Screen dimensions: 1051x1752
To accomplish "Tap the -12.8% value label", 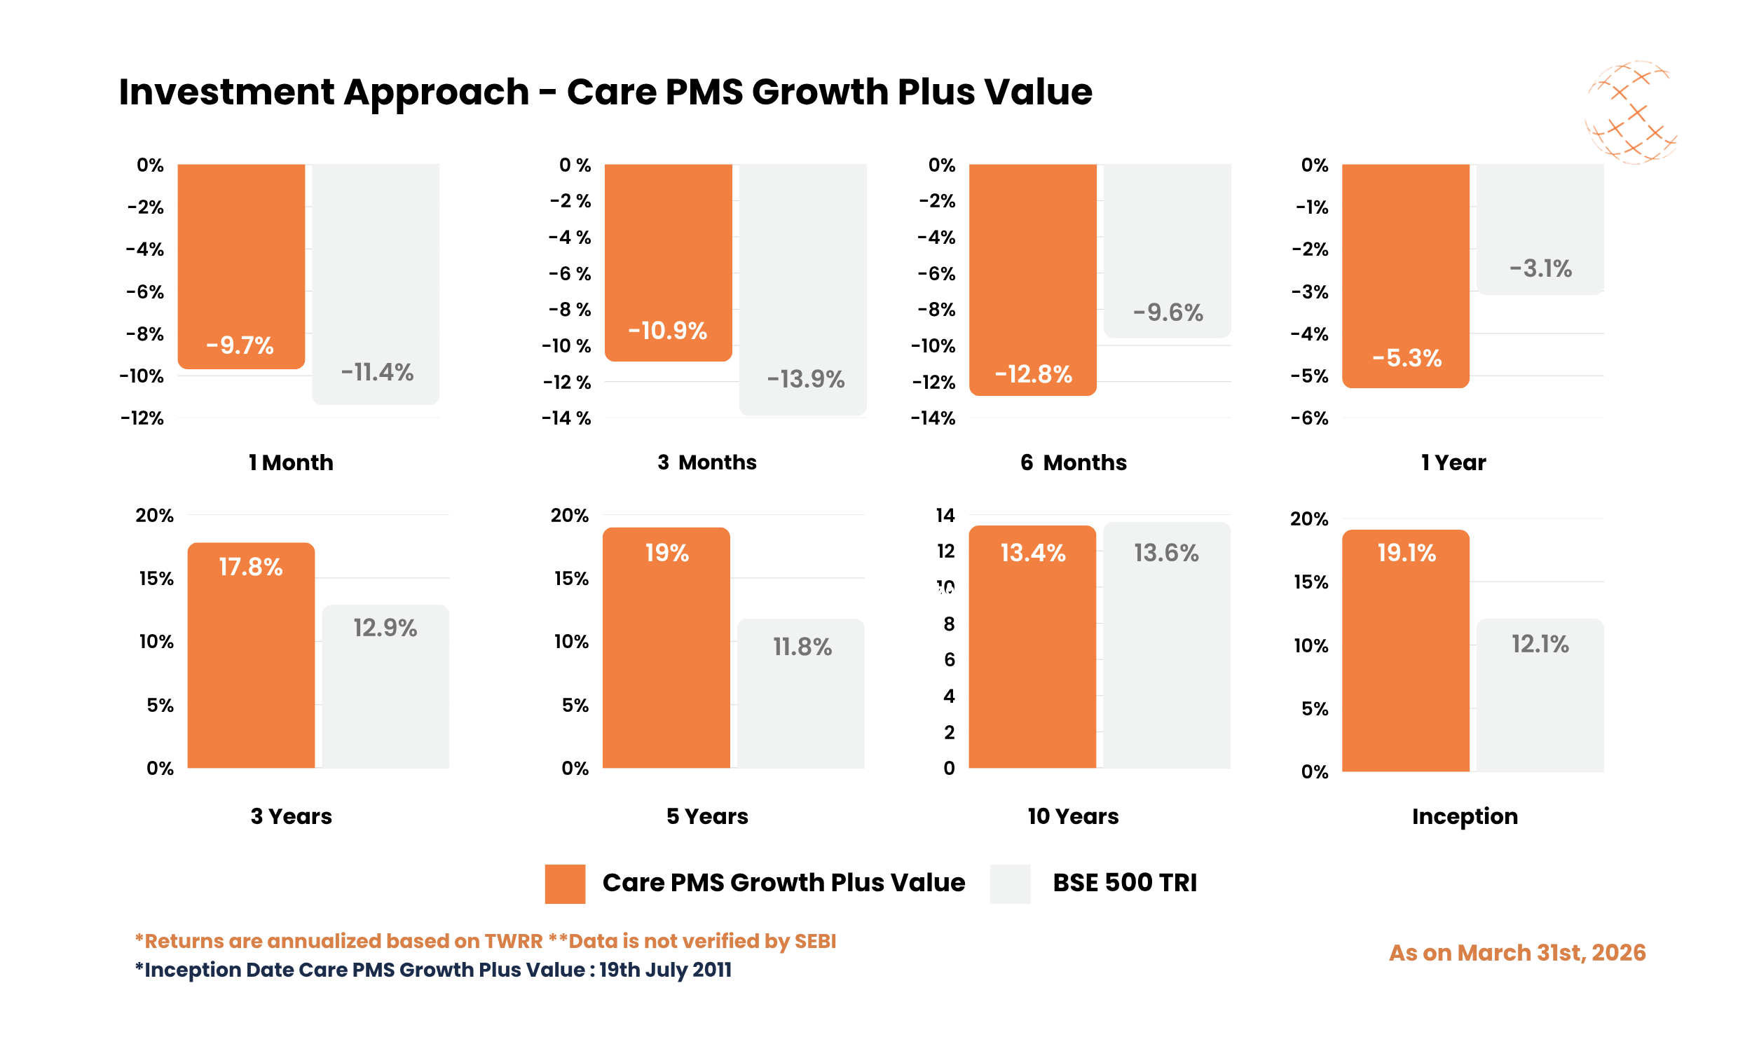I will (x=1032, y=374).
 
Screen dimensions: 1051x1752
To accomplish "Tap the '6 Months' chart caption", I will (x=1073, y=462).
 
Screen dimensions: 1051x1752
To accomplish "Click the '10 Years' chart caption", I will (x=1073, y=816).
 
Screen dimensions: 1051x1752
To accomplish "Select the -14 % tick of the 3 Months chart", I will (x=566, y=418).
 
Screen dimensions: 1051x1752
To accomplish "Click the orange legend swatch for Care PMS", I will (x=564, y=883).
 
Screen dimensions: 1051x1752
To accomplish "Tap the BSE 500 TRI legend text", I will (x=1124, y=882).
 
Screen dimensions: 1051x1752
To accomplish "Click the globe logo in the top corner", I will (x=1630, y=112).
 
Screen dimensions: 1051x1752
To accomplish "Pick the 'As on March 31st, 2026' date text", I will (x=1517, y=953).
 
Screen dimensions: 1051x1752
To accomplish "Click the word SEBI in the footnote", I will (x=815, y=940).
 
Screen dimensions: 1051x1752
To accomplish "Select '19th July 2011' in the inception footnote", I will (x=665, y=970).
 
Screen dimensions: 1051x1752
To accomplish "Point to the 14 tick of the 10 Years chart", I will (x=945, y=515).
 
